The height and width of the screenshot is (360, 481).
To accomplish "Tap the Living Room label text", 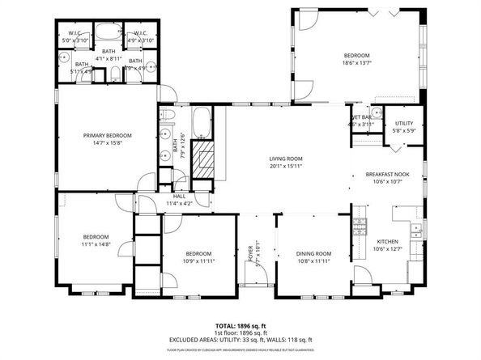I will tap(286, 159).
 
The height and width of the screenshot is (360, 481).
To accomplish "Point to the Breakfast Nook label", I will tap(387, 175).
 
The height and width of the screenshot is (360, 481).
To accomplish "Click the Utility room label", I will tap(403, 123).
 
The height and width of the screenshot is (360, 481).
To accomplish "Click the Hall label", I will tap(179, 196).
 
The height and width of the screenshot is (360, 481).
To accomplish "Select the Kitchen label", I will tap(388, 241).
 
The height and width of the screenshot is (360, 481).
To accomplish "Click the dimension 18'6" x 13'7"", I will tap(356, 62).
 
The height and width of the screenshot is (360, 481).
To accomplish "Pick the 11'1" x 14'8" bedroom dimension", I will tap(95, 244).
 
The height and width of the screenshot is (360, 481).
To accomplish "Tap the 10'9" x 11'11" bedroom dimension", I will tap(198, 260).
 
